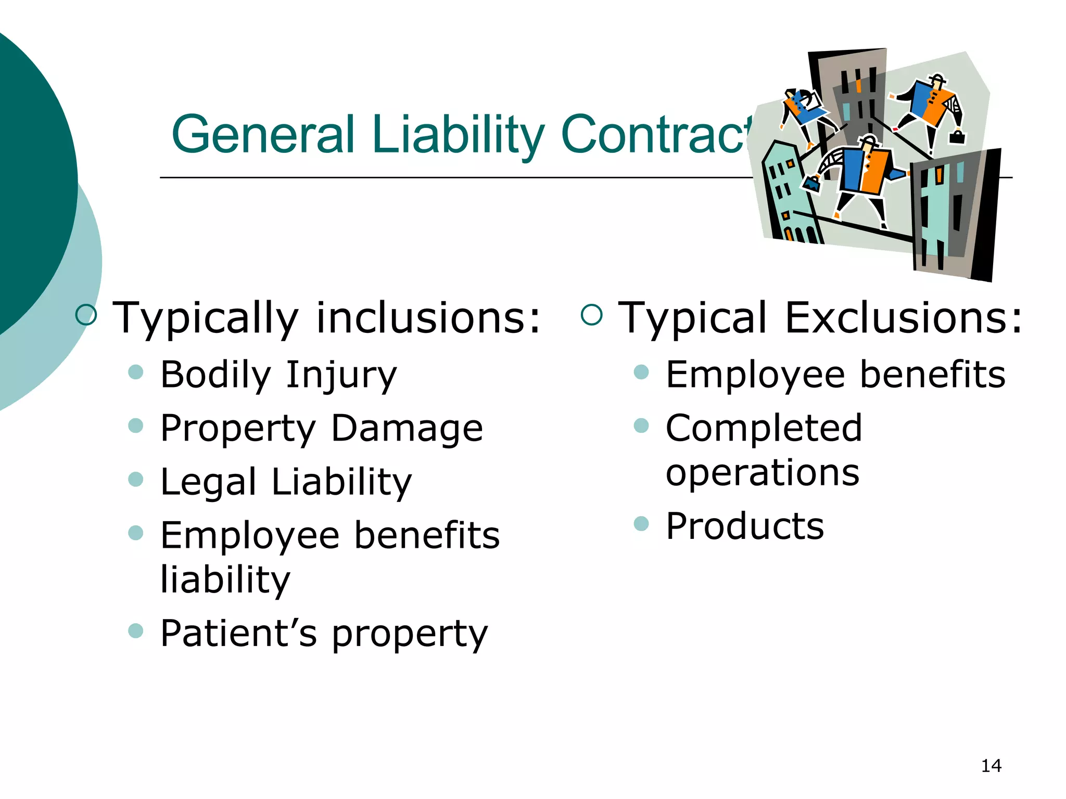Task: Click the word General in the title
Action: pos(263,134)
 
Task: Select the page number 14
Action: pos(991,766)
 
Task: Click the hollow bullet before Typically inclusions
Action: pos(86,315)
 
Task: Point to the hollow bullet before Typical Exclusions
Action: pos(592,315)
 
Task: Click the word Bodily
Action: pos(215,375)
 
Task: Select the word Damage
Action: pos(407,429)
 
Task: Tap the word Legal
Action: pos(208,482)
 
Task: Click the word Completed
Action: pos(764,428)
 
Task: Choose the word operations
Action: pos(763,473)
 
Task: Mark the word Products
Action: pos(745,526)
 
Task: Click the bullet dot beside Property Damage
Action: pos(135,426)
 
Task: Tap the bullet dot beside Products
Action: pos(641,523)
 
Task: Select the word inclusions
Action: pos(428,317)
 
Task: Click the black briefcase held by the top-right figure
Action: pos(957,137)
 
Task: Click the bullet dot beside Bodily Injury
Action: pos(135,372)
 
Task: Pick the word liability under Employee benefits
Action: pos(225,580)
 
